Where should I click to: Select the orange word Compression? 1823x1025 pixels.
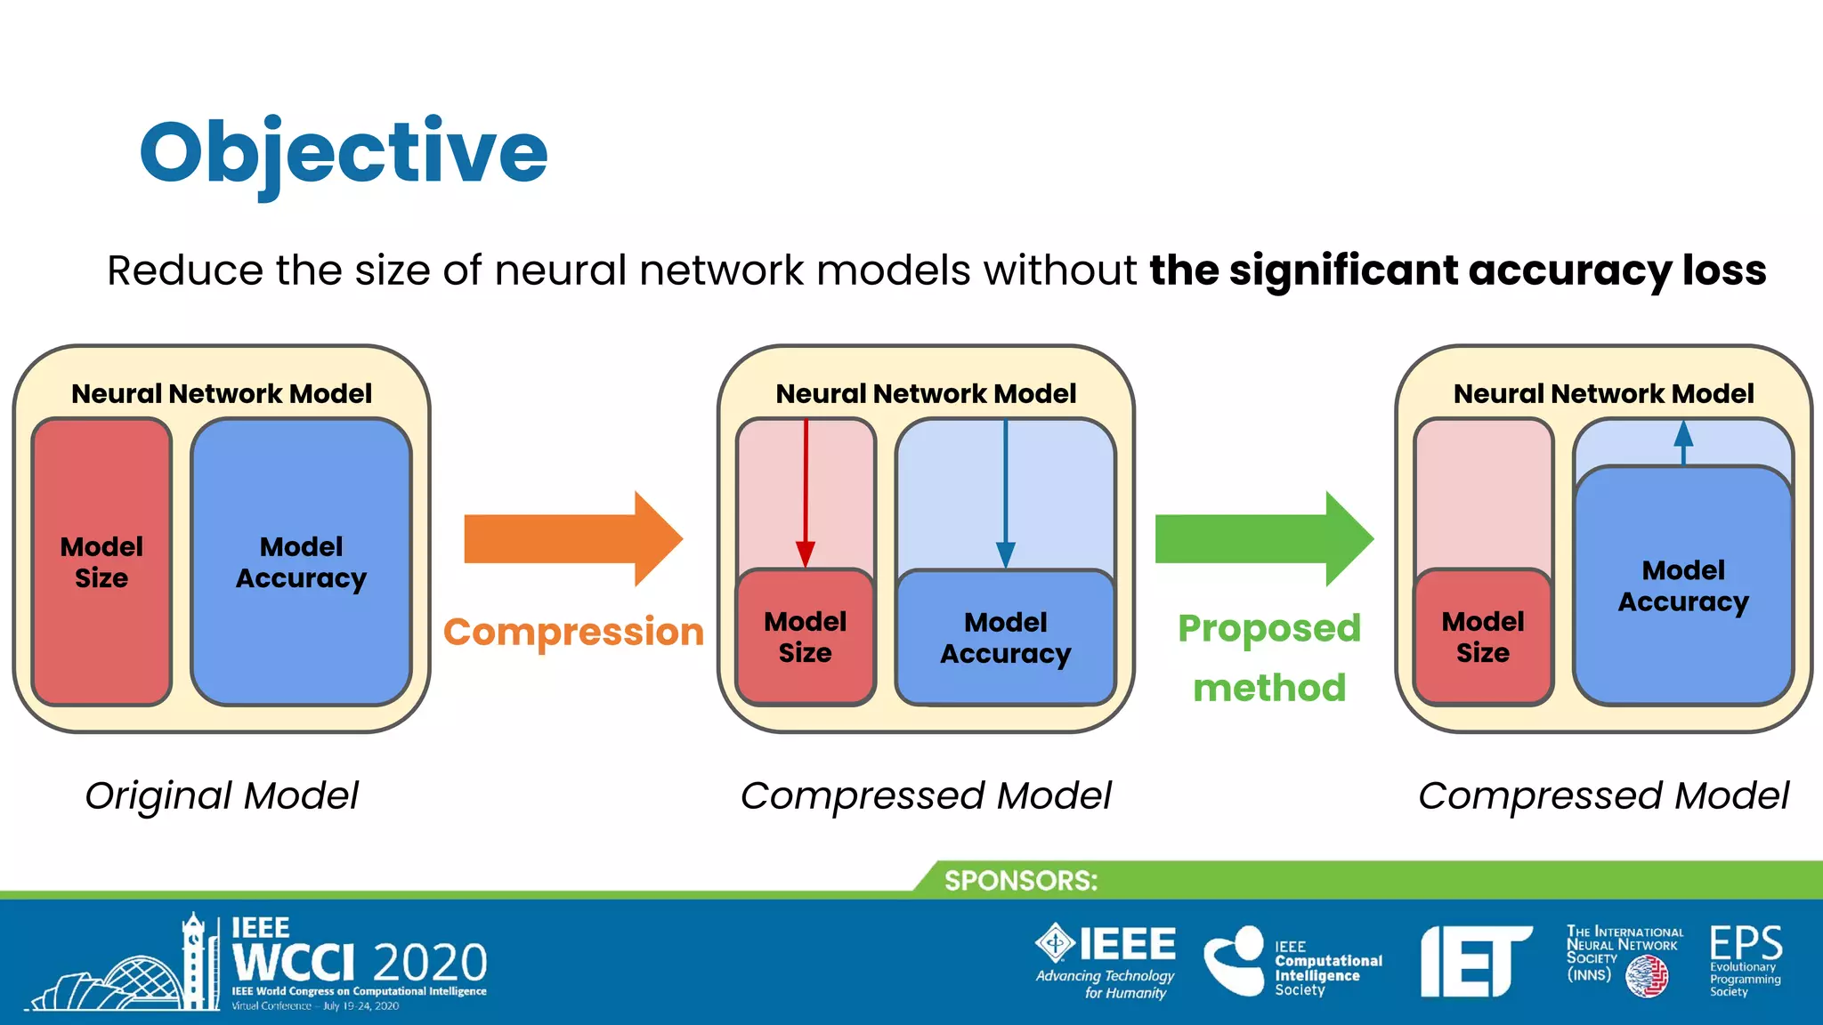click(574, 632)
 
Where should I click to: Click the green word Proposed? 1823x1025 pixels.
click(1269, 628)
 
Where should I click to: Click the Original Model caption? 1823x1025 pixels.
click(222, 795)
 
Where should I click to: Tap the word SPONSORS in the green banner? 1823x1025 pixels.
click(1021, 881)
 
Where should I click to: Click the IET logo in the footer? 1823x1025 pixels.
click(1475, 961)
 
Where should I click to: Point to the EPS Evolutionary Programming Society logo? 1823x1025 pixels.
click(1745, 959)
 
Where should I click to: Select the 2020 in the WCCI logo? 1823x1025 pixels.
click(430, 963)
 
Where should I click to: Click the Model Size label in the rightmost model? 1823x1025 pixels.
click(1483, 637)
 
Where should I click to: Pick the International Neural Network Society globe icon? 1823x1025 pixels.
click(1647, 977)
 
